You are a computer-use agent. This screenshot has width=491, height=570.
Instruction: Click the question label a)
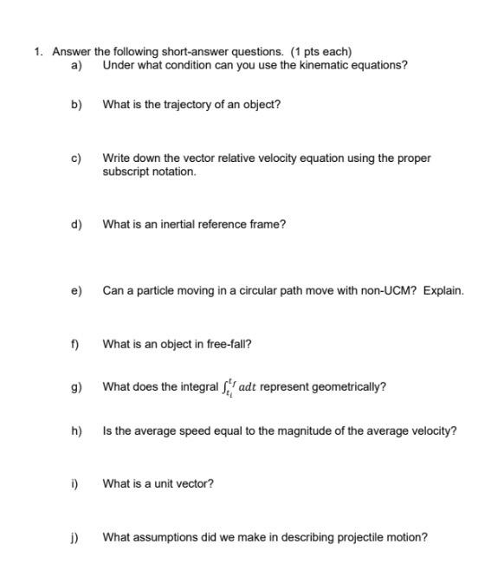(75, 65)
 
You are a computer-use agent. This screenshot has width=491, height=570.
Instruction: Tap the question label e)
(75, 291)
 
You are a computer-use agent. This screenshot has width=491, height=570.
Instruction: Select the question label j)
(75, 537)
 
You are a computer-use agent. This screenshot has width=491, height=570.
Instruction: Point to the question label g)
(75, 386)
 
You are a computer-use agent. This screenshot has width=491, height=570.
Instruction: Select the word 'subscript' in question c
(126, 172)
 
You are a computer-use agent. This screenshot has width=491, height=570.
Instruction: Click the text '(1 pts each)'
(321, 51)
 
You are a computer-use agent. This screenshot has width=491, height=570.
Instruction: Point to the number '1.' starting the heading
(39, 51)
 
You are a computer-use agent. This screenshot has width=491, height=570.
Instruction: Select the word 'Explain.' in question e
(443, 291)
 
